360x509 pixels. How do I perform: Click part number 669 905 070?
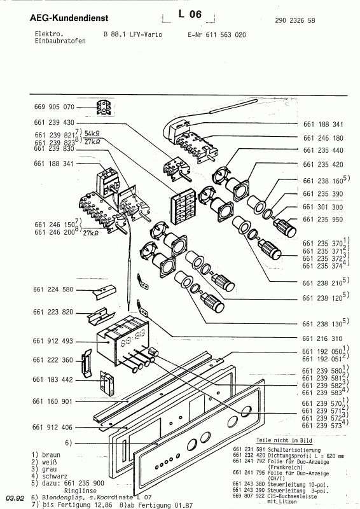click(54, 107)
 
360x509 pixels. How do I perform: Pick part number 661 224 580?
click(54, 290)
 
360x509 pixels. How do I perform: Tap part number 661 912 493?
click(54, 341)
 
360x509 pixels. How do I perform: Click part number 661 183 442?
click(54, 380)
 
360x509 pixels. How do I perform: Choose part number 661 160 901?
click(54, 401)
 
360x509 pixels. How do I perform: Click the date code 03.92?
click(15, 499)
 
